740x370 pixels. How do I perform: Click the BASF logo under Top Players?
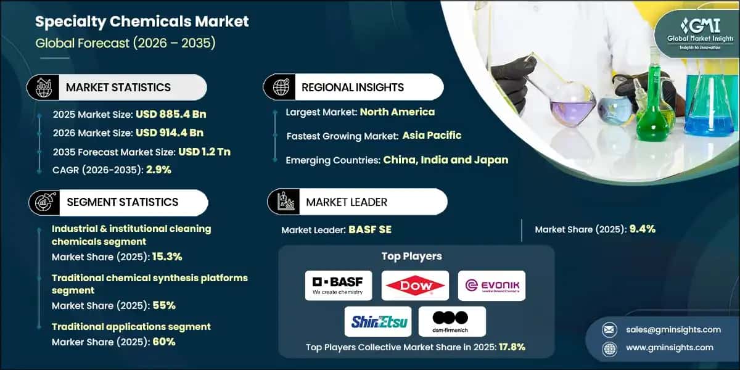tap(338, 285)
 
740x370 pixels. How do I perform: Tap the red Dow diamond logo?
tap(414, 285)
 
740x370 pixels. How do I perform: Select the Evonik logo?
tap(491, 285)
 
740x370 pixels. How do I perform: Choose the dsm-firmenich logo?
tap(452, 321)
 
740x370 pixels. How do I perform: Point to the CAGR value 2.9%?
tap(158, 170)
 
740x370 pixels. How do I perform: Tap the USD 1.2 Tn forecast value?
tap(204, 151)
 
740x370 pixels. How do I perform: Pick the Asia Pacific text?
tap(432, 135)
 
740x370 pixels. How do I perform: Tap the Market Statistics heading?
tap(118, 88)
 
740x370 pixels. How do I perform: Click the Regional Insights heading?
tap(352, 88)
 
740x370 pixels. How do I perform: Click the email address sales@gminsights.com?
tap(671, 329)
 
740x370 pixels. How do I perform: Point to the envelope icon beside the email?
tap(610, 329)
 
